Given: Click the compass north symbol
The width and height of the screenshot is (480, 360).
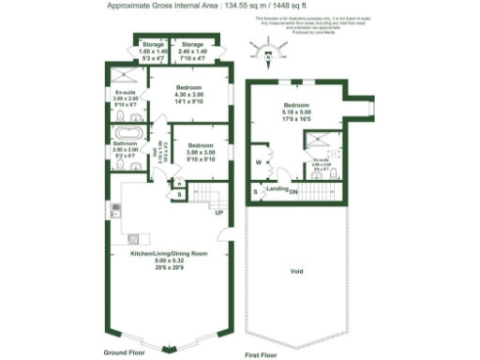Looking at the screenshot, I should [x=270, y=52].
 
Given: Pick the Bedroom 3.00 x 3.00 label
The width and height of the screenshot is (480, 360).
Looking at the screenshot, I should [x=202, y=151].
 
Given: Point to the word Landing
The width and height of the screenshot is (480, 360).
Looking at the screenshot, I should [x=277, y=189].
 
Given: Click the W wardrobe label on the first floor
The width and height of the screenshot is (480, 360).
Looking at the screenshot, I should [x=258, y=162].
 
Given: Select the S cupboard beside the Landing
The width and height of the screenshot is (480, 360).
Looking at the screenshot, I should [x=256, y=192].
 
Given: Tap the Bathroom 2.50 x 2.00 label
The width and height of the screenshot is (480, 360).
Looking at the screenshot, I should [x=125, y=153].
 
